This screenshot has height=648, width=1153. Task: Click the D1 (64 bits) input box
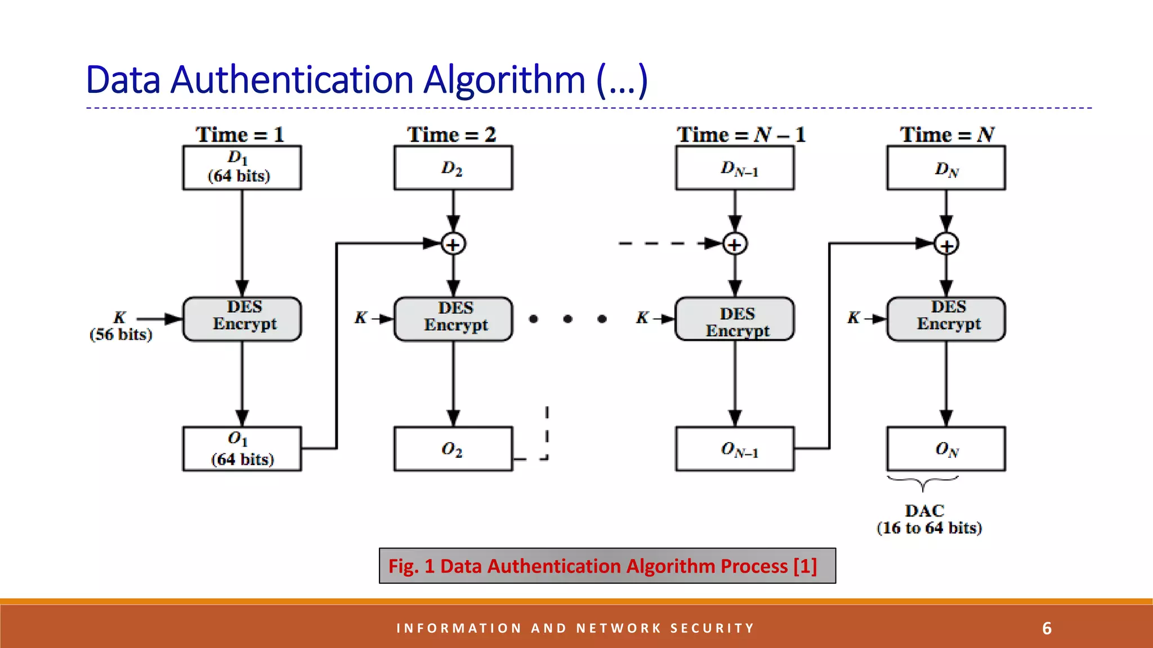click(x=242, y=168)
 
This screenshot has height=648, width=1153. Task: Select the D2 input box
click(x=453, y=168)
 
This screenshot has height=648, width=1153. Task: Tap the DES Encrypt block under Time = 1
click(x=242, y=319)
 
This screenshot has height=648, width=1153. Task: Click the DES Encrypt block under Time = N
click(x=946, y=319)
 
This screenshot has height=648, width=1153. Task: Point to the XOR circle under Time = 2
click(x=453, y=244)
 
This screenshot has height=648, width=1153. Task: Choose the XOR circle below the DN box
click(x=946, y=245)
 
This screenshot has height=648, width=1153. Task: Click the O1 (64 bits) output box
click(x=242, y=449)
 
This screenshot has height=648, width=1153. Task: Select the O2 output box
click(x=453, y=449)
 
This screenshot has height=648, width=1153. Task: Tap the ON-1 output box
click(x=735, y=449)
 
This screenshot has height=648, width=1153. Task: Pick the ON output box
click(x=946, y=449)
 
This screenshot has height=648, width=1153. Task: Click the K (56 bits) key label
click(x=120, y=326)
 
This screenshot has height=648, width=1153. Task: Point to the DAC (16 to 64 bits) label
click(x=929, y=519)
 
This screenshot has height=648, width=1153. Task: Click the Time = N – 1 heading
click(x=741, y=135)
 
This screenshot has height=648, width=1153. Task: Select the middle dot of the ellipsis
click(x=567, y=319)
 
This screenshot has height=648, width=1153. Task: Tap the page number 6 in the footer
click(x=1047, y=628)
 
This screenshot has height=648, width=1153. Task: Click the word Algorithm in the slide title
click(x=504, y=80)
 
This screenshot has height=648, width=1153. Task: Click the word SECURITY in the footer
click(x=712, y=628)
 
